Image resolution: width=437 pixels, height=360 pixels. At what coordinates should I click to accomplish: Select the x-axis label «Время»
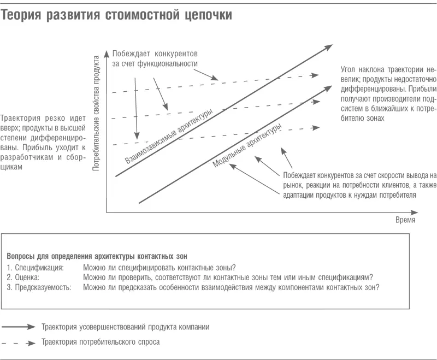point(405,220)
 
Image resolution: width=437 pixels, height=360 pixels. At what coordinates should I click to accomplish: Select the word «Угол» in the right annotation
point(349,70)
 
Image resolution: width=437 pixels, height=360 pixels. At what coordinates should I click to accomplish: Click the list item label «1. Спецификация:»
point(36,267)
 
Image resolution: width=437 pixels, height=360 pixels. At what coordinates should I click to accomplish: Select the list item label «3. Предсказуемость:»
point(39,287)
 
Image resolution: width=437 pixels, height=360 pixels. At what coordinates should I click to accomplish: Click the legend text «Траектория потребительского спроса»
point(101,342)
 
